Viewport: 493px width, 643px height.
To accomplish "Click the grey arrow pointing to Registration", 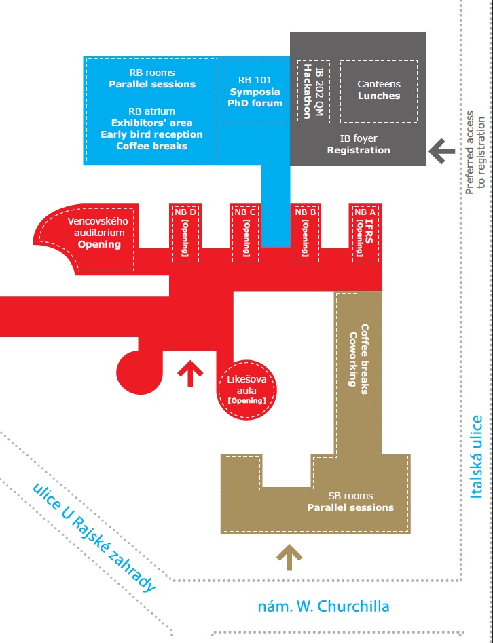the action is pyautogui.click(x=441, y=151).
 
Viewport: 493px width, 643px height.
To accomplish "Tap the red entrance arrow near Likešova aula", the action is pyautogui.click(x=190, y=373).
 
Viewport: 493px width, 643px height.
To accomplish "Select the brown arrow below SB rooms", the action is pyautogui.click(x=289, y=558).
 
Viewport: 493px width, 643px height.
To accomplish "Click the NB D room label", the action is pyautogui.click(x=185, y=212).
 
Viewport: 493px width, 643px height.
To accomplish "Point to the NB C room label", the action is pyautogui.click(x=245, y=212).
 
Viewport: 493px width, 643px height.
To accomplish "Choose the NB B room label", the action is pyautogui.click(x=306, y=212).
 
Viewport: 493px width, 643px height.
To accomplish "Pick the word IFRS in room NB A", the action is pyautogui.click(x=369, y=232).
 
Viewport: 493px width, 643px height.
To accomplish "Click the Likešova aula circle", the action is pyautogui.click(x=246, y=390).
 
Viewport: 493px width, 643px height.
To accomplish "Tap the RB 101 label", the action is pyautogui.click(x=255, y=80).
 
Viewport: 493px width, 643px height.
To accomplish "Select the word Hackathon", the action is pyautogui.click(x=307, y=92).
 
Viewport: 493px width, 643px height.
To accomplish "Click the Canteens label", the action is pyautogui.click(x=378, y=84).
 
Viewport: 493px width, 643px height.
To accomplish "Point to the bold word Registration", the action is pyautogui.click(x=359, y=150).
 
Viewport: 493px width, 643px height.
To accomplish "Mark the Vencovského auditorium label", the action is pyautogui.click(x=98, y=227).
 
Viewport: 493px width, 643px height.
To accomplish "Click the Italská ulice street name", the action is pyautogui.click(x=477, y=457).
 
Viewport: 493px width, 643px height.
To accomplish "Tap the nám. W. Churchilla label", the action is pyautogui.click(x=323, y=606).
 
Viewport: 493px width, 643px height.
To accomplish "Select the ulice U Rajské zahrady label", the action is pyautogui.click(x=94, y=538).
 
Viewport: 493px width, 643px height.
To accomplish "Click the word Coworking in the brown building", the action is pyautogui.click(x=352, y=359).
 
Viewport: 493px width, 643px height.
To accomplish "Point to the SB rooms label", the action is pyautogui.click(x=350, y=496).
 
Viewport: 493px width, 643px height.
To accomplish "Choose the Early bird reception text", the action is pyautogui.click(x=152, y=134).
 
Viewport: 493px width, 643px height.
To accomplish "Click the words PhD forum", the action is pyautogui.click(x=255, y=103).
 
